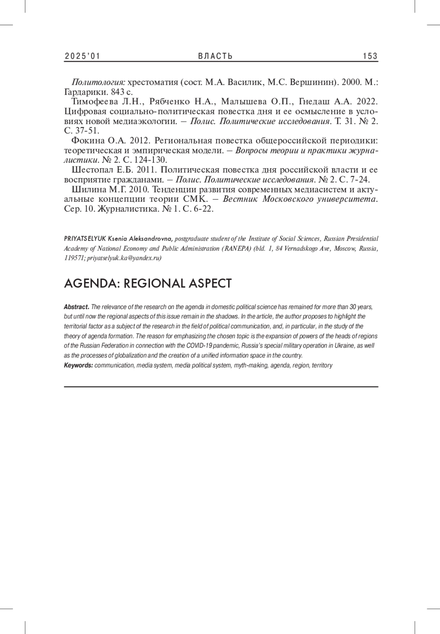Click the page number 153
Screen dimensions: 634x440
pyautogui.click(x=370, y=56)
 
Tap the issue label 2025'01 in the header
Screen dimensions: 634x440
pyautogui.click(x=82, y=56)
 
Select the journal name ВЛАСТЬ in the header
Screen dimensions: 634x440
pyautogui.click(x=215, y=56)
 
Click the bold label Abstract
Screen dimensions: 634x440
pyautogui.click(x=76, y=307)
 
